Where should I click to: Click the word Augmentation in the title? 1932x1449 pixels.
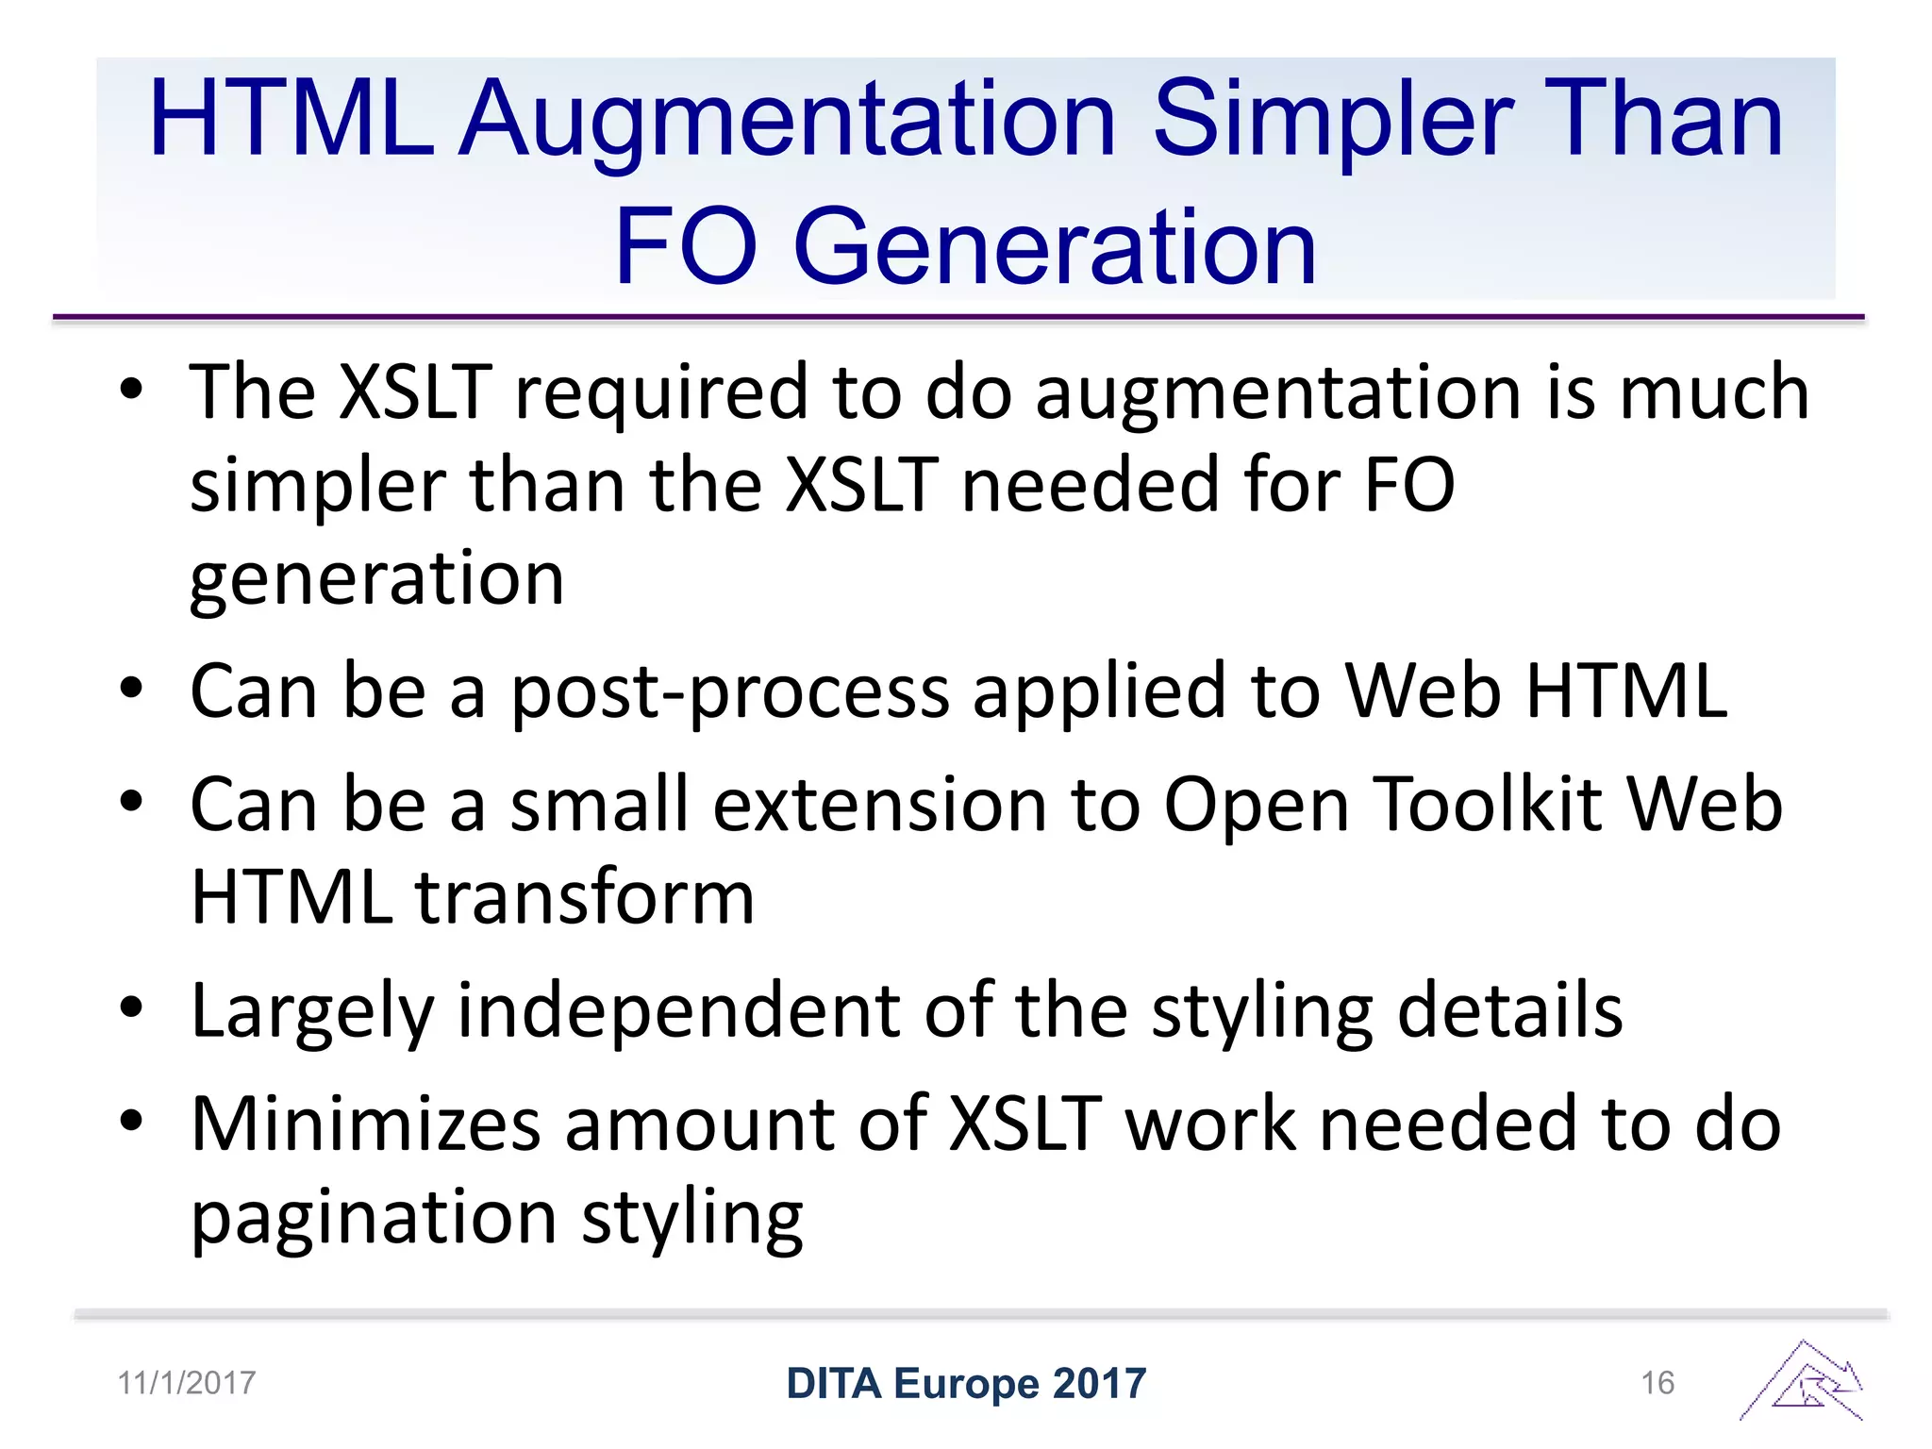point(789,121)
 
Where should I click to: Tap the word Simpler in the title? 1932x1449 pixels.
point(1332,121)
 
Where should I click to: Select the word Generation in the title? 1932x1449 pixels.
point(1055,247)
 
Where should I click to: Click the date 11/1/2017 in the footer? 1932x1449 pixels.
point(187,1383)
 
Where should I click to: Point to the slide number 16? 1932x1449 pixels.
point(1657,1383)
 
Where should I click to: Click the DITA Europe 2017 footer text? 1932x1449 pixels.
point(966,1383)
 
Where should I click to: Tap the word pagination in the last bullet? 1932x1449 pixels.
point(374,1220)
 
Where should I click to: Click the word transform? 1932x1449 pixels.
point(585,898)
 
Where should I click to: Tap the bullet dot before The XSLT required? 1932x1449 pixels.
point(131,389)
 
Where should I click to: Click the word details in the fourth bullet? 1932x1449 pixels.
point(1509,1011)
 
